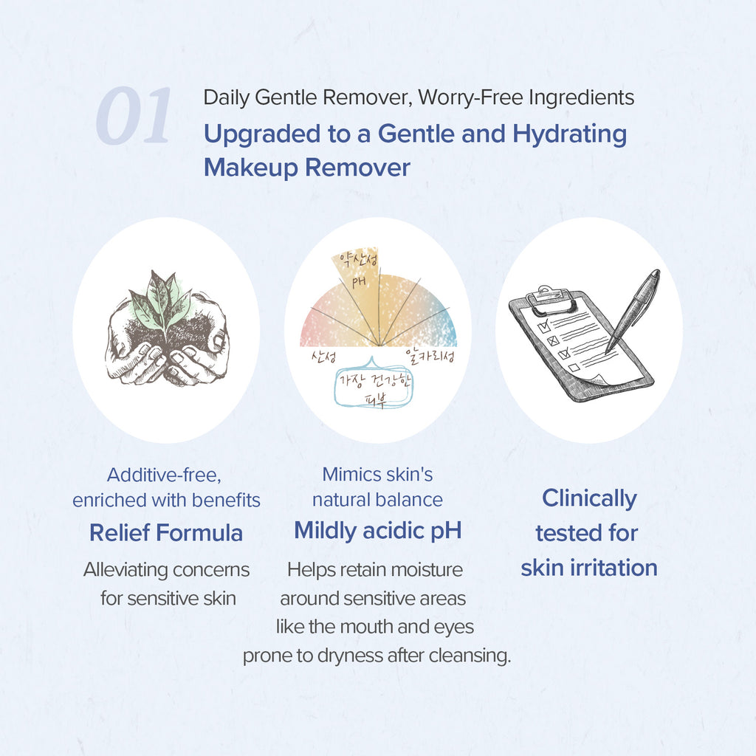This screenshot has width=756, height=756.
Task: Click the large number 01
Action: tap(134, 116)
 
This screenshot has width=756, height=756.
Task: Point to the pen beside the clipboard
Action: tap(633, 310)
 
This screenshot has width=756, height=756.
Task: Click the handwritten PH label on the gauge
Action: tap(359, 281)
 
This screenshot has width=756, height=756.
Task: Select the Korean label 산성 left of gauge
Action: tap(323, 357)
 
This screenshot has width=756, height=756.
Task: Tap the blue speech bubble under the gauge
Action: tap(374, 385)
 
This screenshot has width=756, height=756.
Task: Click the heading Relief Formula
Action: tap(166, 533)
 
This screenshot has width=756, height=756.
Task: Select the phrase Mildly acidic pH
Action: tap(378, 531)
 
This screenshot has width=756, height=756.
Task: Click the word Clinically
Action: tap(589, 499)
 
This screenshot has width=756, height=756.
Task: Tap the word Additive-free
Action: tap(164, 475)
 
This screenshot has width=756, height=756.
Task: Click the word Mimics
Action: tap(346, 475)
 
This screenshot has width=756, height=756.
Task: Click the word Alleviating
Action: tap(124, 570)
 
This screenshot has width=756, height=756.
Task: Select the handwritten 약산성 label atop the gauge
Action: tap(358, 261)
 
